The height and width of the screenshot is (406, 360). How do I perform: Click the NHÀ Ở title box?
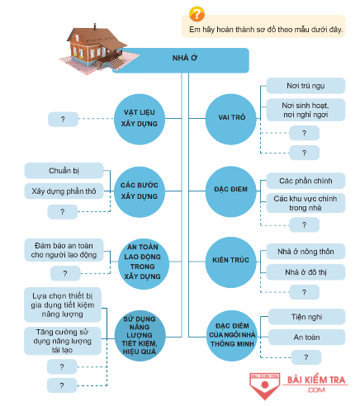click(x=184, y=60)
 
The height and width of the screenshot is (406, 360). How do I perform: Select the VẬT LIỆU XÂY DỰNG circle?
click(x=140, y=119)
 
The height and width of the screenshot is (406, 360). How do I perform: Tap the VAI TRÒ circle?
click(x=231, y=119)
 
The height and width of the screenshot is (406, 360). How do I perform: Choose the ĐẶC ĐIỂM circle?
click(x=231, y=191)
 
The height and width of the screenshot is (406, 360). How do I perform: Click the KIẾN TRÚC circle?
click(x=231, y=262)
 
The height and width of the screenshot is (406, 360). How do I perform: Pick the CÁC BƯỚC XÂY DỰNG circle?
click(x=140, y=191)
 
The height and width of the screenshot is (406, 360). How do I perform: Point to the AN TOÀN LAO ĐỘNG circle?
click(x=144, y=263)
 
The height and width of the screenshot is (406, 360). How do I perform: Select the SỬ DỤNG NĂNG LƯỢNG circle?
click(x=140, y=336)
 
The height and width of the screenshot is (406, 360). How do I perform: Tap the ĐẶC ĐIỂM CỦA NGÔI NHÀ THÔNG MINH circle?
click(x=232, y=336)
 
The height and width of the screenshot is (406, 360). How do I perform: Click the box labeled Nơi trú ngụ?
click(x=306, y=86)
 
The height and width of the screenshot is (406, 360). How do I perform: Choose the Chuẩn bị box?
click(x=64, y=171)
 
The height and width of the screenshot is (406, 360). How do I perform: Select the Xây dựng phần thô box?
click(x=64, y=191)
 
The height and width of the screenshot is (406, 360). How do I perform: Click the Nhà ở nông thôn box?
click(x=306, y=252)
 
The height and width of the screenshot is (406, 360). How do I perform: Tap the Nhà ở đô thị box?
click(x=306, y=272)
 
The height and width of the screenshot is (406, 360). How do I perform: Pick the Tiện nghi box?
click(x=306, y=317)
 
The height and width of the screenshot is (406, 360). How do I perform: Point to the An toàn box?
click(x=306, y=338)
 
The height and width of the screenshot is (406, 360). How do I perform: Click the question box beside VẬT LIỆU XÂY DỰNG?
click(x=63, y=119)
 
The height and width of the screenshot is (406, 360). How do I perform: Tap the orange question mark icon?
click(x=197, y=14)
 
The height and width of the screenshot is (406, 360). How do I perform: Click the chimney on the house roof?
click(x=95, y=26)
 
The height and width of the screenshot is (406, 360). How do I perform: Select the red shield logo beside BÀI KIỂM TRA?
click(x=265, y=385)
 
